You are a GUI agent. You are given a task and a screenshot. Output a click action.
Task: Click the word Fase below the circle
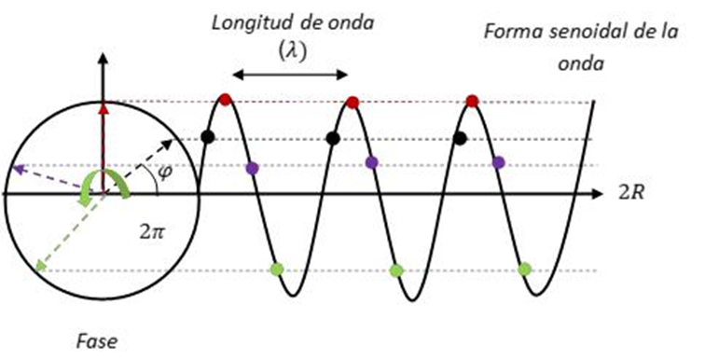[97, 341]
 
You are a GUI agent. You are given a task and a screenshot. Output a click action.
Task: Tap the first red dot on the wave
[224, 100]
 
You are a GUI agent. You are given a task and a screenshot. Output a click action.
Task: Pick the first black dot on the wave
[208, 138]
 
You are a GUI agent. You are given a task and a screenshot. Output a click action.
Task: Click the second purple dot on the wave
[372, 162]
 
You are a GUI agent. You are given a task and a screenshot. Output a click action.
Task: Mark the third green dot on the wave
[524, 270]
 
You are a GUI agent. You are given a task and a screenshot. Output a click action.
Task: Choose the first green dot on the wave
[276, 270]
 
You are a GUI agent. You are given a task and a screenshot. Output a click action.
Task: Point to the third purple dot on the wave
[498, 162]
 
